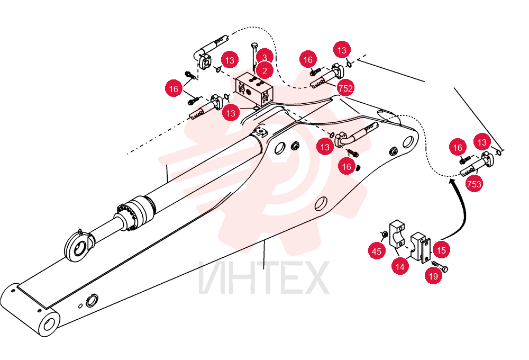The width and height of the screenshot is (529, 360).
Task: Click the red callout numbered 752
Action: pyautogui.click(x=345, y=88)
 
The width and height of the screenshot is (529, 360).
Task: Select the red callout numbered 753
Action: pyautogui.click(x=474, y=184)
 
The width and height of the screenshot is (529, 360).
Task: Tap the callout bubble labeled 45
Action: pyautogui.click(x=377, y=251)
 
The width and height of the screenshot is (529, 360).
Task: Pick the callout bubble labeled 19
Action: pyautogui.click(x=433, y=276)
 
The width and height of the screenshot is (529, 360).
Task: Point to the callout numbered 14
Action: pyautogui.click(x=400, y=267)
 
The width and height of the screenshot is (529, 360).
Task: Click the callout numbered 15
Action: pyautogui.click(x=441, y=250)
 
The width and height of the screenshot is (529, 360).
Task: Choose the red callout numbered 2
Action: pyautogui.click(x=264, y=70)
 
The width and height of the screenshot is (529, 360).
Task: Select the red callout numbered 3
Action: pyautogui.click(x=265, y=57)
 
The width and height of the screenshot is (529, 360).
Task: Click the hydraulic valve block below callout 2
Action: pyautogui.click(x=254, y=89)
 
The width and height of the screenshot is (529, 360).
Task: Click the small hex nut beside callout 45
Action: pyautogui.click(x=384, y=235)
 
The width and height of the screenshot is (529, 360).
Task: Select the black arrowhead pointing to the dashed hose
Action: pyautogui.click(x=452, y=182)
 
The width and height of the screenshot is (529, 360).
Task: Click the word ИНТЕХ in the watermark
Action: pyautogui.click(x=264, y=277)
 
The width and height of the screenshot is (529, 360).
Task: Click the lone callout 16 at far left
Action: pyautogui.click(x=174, y=88)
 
